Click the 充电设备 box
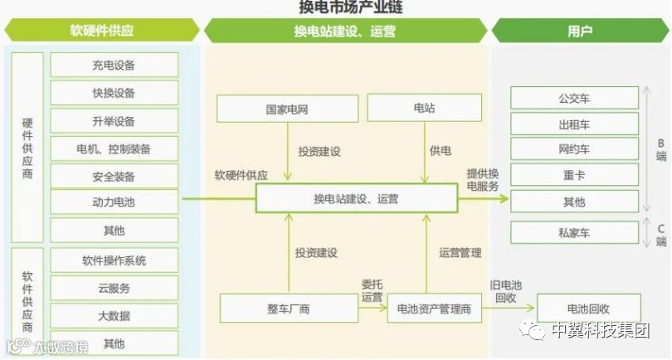pos(114,66)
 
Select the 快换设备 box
pos(114,93)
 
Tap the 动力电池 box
pos(114,202)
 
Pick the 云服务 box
pos(114,289)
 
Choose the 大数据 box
pos(114,316)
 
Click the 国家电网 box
pos(287,109)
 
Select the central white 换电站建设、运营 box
pos(356,198)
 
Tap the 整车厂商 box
pos(288,309)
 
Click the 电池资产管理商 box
pos(434,309)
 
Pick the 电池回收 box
pos(588,308)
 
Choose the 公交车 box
pos(574,98)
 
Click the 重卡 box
pos(574,175)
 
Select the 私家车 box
pos(574,233)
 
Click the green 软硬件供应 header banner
pos(101,32)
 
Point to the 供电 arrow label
pos(440,151)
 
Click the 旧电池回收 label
pos(506,289)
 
